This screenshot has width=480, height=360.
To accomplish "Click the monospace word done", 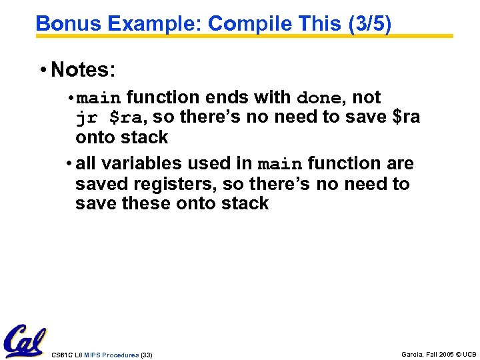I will (x=319, y=98).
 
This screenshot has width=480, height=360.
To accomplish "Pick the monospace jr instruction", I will (x=87, y=118).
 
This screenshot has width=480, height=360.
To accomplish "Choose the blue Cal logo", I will (x=25, y=341).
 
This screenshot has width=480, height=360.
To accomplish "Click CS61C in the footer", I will (x=61, y=355).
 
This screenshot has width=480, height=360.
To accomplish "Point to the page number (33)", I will (x=147, y=355).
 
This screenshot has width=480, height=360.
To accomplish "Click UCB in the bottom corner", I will (x=470, y=355).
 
